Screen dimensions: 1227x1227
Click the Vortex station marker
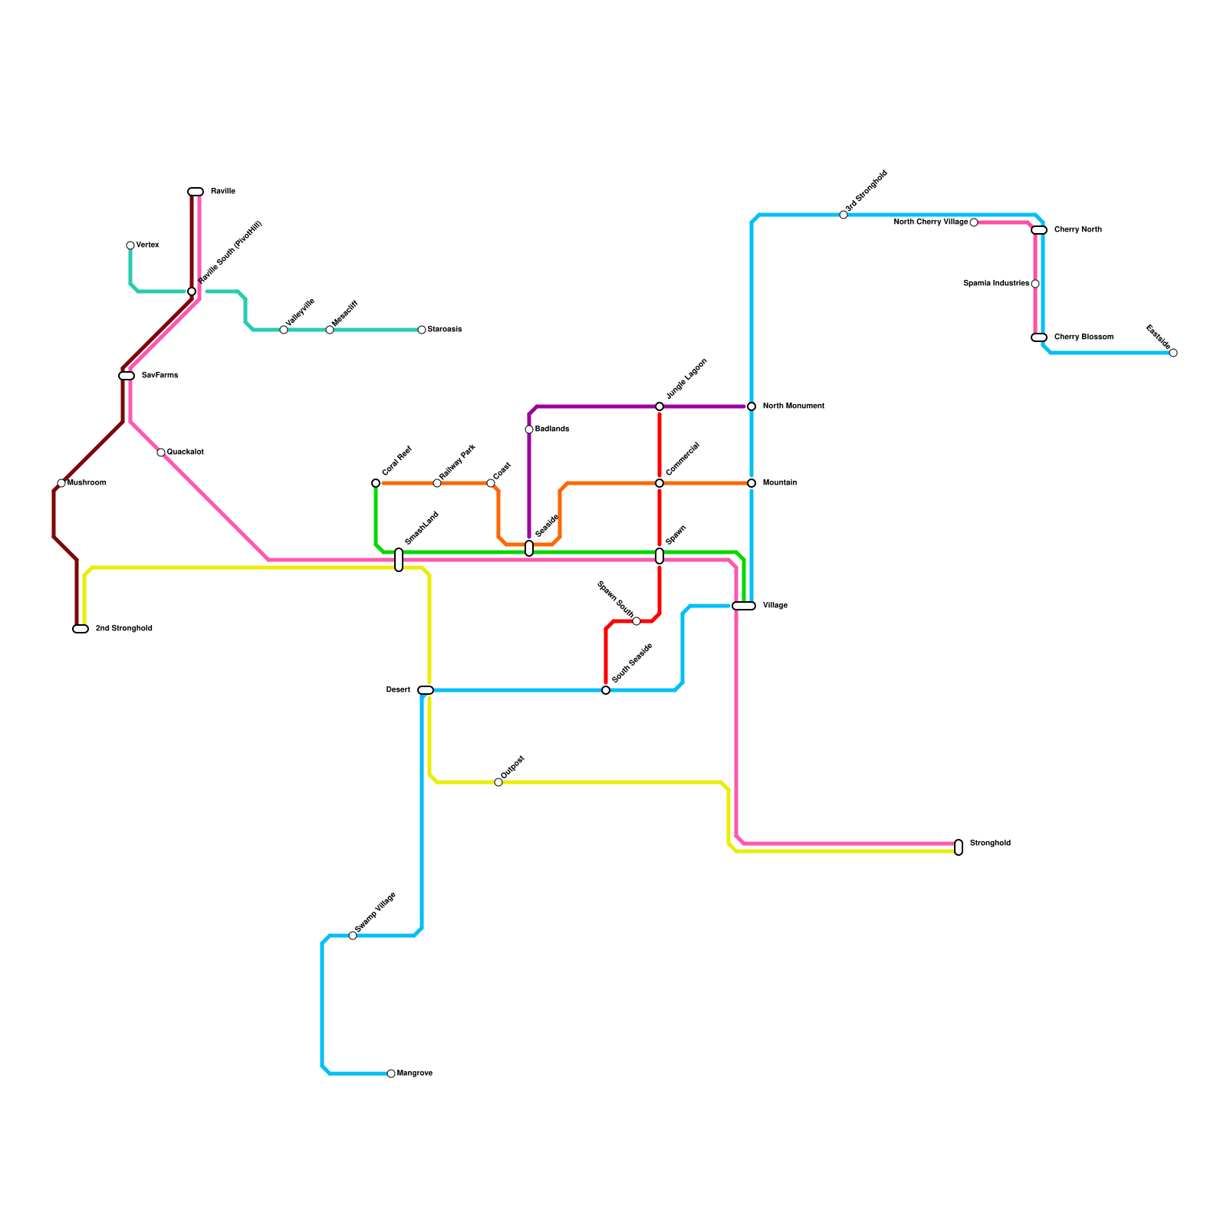pos(130,245)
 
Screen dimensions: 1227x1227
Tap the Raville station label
pos(222,192)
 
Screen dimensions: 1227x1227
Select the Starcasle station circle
pos(422,330)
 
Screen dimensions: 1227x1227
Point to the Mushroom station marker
pos(61,483)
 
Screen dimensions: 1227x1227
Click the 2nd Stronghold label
pos(123,629)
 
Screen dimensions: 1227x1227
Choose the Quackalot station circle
pos(161,452)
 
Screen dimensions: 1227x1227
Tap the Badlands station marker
pos(529,429)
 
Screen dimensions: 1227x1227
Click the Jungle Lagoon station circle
pos(660,406)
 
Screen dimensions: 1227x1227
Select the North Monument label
pos(793,406)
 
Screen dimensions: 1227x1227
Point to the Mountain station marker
pos(752,483)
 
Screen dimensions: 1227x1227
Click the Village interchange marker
pos(744,606)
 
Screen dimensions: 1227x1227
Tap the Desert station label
pos(398,690)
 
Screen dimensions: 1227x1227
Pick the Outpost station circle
pos(498,782)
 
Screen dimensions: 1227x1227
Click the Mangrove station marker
pos(391,1074)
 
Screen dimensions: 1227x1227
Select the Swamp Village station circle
pos(353,936)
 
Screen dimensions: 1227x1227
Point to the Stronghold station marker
pos(959,847)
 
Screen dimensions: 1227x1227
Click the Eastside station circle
pos(1173,353)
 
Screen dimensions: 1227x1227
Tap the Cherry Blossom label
pos(1083,337)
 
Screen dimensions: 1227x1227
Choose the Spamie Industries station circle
pos(1035,284)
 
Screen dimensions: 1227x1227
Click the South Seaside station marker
pos(606,690)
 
